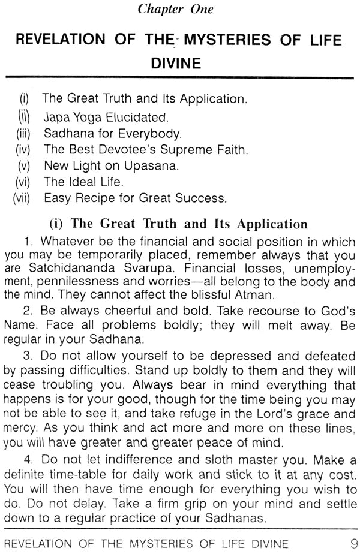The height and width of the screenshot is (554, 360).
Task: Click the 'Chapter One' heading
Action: tap(179, 9)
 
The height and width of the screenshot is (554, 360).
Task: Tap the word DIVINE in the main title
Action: tap(179, 63)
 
